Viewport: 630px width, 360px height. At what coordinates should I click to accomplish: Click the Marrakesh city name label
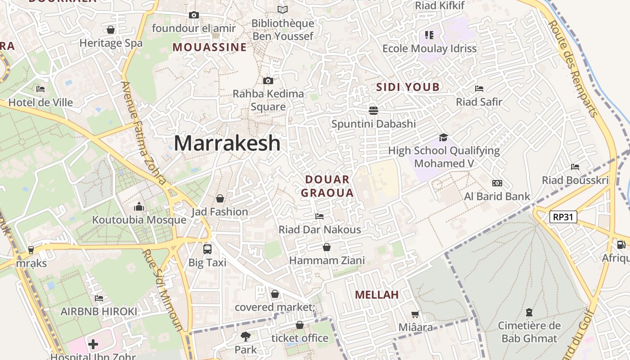(x=227, y=143)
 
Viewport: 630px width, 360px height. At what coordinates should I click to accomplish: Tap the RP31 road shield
(x=563, y=217)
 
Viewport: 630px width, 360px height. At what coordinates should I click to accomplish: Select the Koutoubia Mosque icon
(x=139, y=207)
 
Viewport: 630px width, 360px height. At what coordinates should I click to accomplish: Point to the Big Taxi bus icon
(x=207, y=249)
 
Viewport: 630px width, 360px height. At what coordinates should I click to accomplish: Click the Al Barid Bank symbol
(x=497, y=183)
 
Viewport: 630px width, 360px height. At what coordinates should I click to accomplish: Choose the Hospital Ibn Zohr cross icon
(x=93, y=345)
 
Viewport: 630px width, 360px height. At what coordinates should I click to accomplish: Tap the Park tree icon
(x=245, y=336)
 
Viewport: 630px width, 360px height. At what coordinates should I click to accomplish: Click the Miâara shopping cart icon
(x=415, y=314)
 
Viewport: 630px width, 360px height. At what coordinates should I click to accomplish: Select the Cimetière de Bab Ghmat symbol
(x=529, y=312)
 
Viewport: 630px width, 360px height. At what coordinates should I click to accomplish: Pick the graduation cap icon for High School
(x=444, y=137)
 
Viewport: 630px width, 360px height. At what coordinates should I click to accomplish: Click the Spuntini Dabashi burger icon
(x=373, y=110)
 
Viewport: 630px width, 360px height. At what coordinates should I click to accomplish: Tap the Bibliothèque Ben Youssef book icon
(x=282, y=9)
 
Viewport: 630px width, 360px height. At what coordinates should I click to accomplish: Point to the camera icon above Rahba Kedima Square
(x=268, y=81)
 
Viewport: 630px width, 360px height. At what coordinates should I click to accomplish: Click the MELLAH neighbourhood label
(x=377, y=295)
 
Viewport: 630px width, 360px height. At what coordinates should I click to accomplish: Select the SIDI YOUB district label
(x=408, y=87)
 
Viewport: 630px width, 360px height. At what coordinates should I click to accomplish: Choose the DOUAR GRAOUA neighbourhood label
(x=327, y=186)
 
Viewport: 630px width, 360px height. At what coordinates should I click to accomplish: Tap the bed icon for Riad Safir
(x=479, y=89)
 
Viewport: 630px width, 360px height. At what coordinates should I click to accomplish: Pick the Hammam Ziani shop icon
(x=327, y=247)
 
